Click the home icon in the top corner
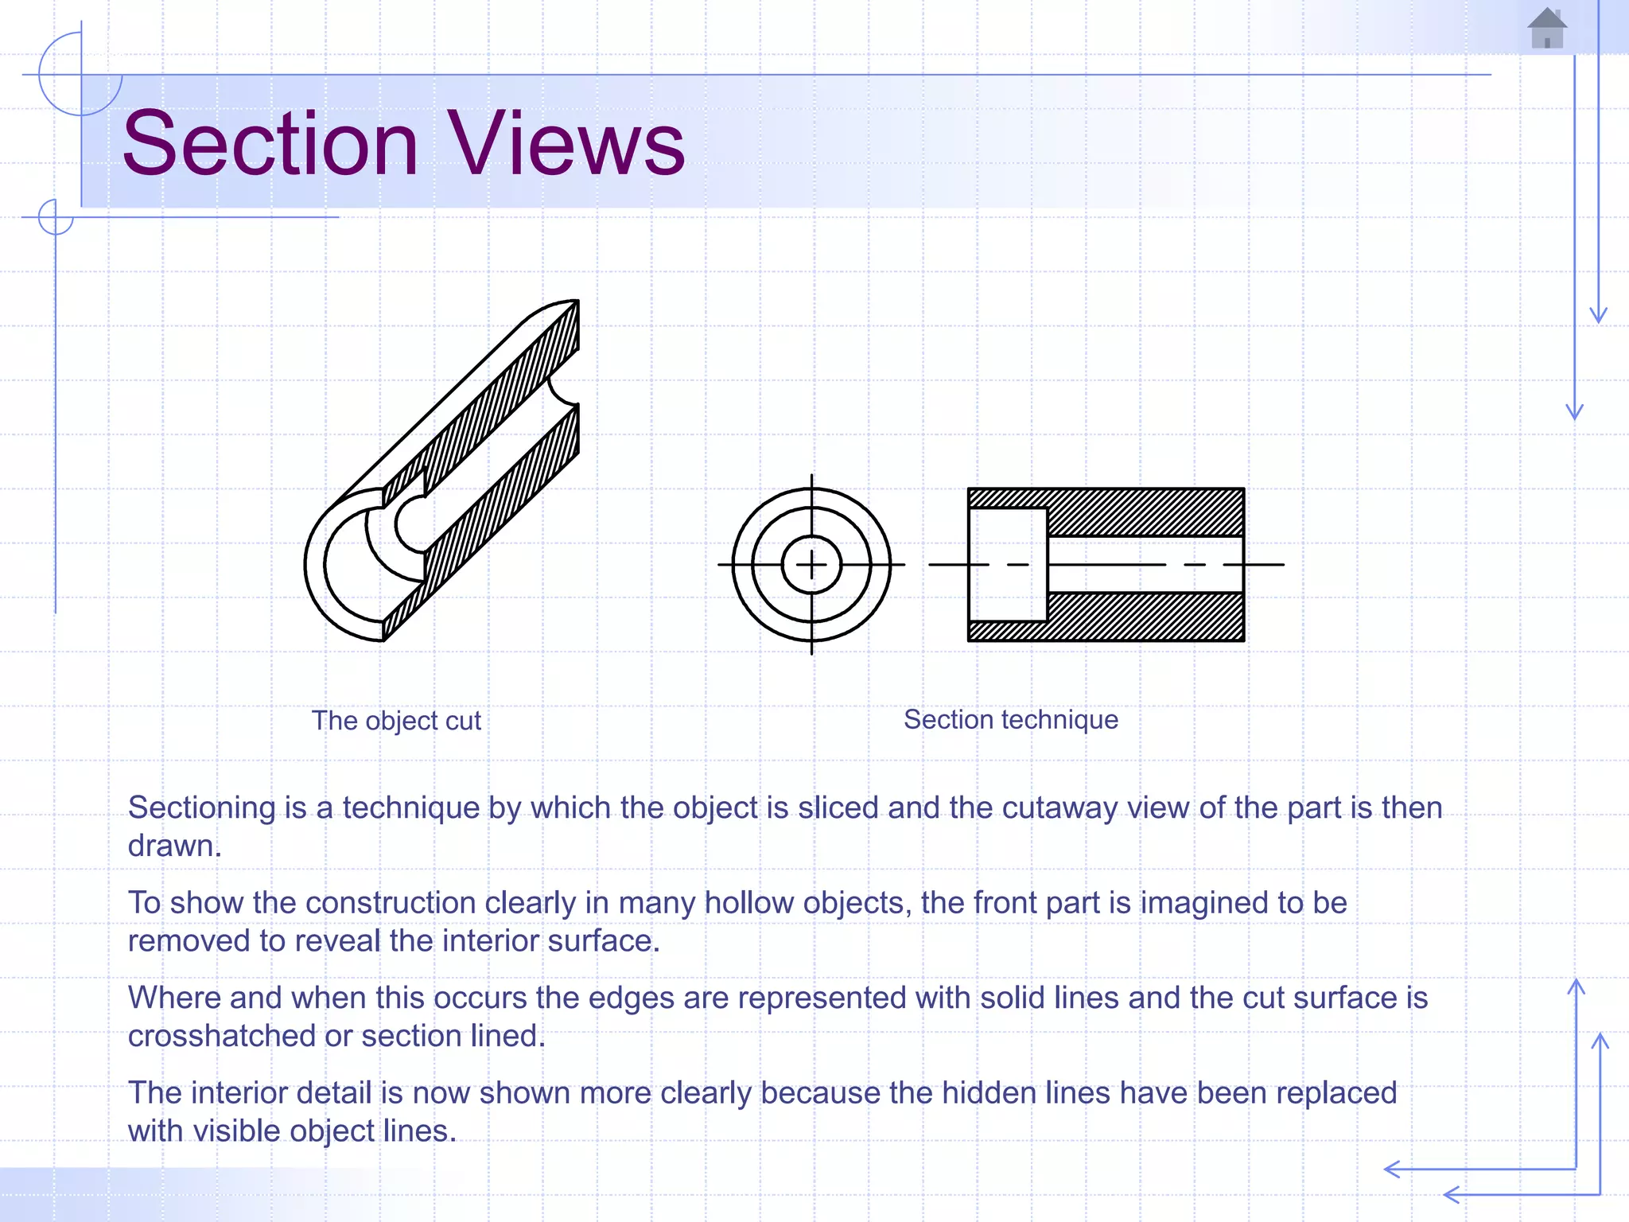(x=1546, y=29)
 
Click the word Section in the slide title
(x=270, y=144)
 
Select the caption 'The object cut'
(x=396, y=721)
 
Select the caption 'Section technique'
(x=1010, y=719)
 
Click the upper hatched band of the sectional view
(x=1145, y=512)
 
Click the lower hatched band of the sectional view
(x=1145, y=617)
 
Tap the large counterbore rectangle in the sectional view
(x=1007, y=564)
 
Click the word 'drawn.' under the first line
(x=174, y=846)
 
